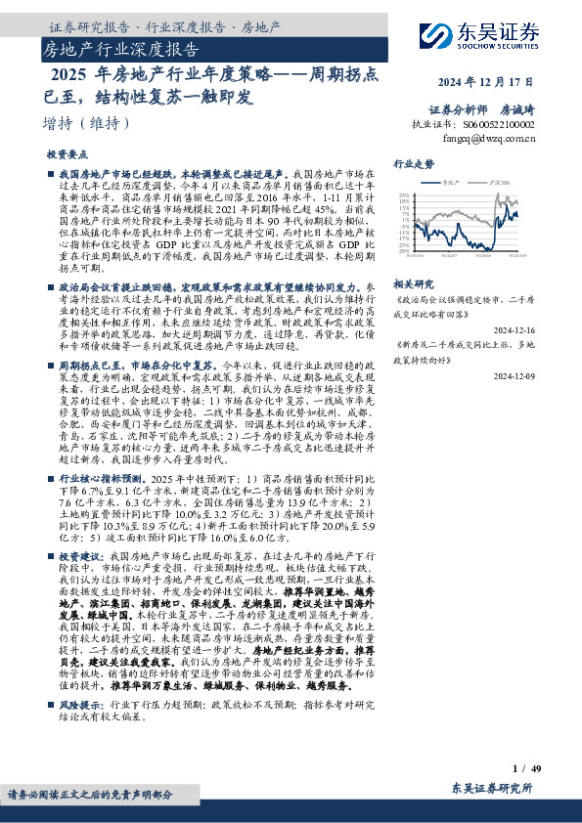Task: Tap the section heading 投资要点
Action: (x=67, y=155)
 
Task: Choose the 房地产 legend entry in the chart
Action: (x=451, y=182)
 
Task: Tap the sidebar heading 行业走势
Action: (x=414, y=165)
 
